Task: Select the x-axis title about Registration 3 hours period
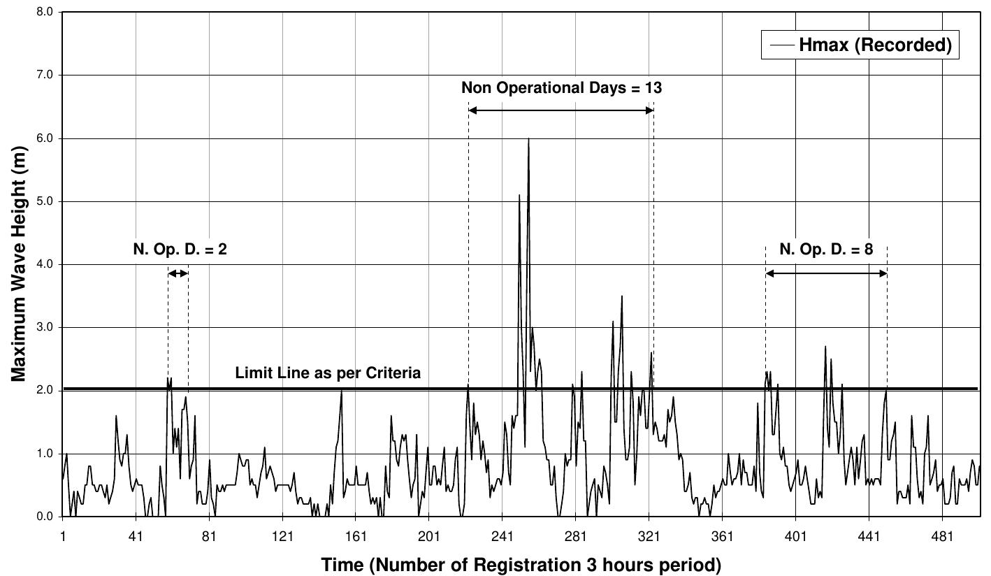click(x=521, y=563)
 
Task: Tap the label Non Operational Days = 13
click(x=561, y=88)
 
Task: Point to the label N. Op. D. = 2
click(x=180, y=249)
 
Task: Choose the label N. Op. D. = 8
click(x=826, y=249)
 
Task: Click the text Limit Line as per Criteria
click(x=328, y=373)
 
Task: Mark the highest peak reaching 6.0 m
click(x=528, y=140)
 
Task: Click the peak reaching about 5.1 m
click(x=519, y=196)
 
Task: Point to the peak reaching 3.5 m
click(x=621, y=296)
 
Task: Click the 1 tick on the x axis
click(x=63, y=535)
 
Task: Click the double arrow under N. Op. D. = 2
click(x=178, y=274)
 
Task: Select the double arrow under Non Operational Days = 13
click(x=561, y=110)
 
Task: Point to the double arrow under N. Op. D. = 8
click(x=826, y=274)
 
